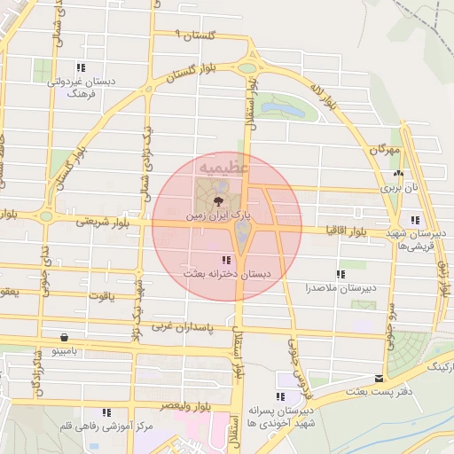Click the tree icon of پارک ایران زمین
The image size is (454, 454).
pos(219,202)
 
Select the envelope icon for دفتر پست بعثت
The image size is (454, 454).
pos(380,378)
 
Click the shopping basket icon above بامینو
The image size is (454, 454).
pos(65,337)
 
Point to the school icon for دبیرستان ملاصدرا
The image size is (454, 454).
pos(340,274)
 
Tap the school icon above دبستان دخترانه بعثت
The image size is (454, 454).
pos(227,260)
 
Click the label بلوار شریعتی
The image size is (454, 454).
pos(103,222)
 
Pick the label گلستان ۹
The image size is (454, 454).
pos(195,35)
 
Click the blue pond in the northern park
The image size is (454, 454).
pos(281,108)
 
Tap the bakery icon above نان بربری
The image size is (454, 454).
pos(398,174)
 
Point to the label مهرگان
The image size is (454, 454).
pos(384,151)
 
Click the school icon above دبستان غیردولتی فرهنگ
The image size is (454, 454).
pos(81,67)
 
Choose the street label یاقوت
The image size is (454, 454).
pos(101,295)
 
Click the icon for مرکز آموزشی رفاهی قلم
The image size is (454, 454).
pos(106,412)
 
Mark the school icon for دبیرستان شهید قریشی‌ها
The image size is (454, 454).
pos(415,220)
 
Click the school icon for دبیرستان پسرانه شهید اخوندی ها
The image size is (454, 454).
pos(282,396)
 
